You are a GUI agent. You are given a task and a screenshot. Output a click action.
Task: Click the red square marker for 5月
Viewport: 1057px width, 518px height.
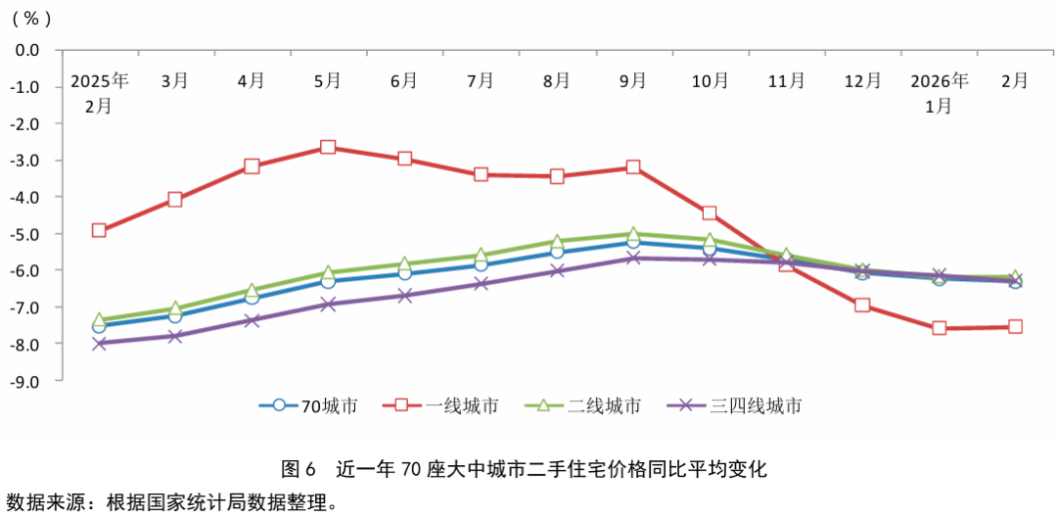(328, 147)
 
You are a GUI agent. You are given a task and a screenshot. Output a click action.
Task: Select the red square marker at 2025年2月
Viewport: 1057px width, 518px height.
(99, 230)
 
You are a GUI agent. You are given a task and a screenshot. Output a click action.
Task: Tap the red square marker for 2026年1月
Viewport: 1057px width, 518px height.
(939, 328)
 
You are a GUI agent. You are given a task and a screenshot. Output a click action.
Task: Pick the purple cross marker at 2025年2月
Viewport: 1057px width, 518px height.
(99, 343)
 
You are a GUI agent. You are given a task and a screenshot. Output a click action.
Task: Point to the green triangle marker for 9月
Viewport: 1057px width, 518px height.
(633, 235)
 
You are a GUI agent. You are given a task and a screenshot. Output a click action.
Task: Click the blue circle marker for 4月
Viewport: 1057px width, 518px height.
(252, 298)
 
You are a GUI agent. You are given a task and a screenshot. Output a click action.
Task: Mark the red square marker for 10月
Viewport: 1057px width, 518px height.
(710, 212)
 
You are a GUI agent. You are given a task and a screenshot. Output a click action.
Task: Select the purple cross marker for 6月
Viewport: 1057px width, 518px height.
(404, 295)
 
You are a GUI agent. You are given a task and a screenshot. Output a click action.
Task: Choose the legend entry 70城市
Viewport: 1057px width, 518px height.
(308, 405)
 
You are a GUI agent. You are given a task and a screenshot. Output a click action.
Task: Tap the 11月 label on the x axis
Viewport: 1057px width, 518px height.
(786, 81)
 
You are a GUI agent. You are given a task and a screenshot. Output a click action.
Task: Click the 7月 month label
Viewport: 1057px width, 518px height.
(481, 81)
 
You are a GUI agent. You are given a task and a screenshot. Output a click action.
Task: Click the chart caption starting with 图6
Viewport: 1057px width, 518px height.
(524, 468)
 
